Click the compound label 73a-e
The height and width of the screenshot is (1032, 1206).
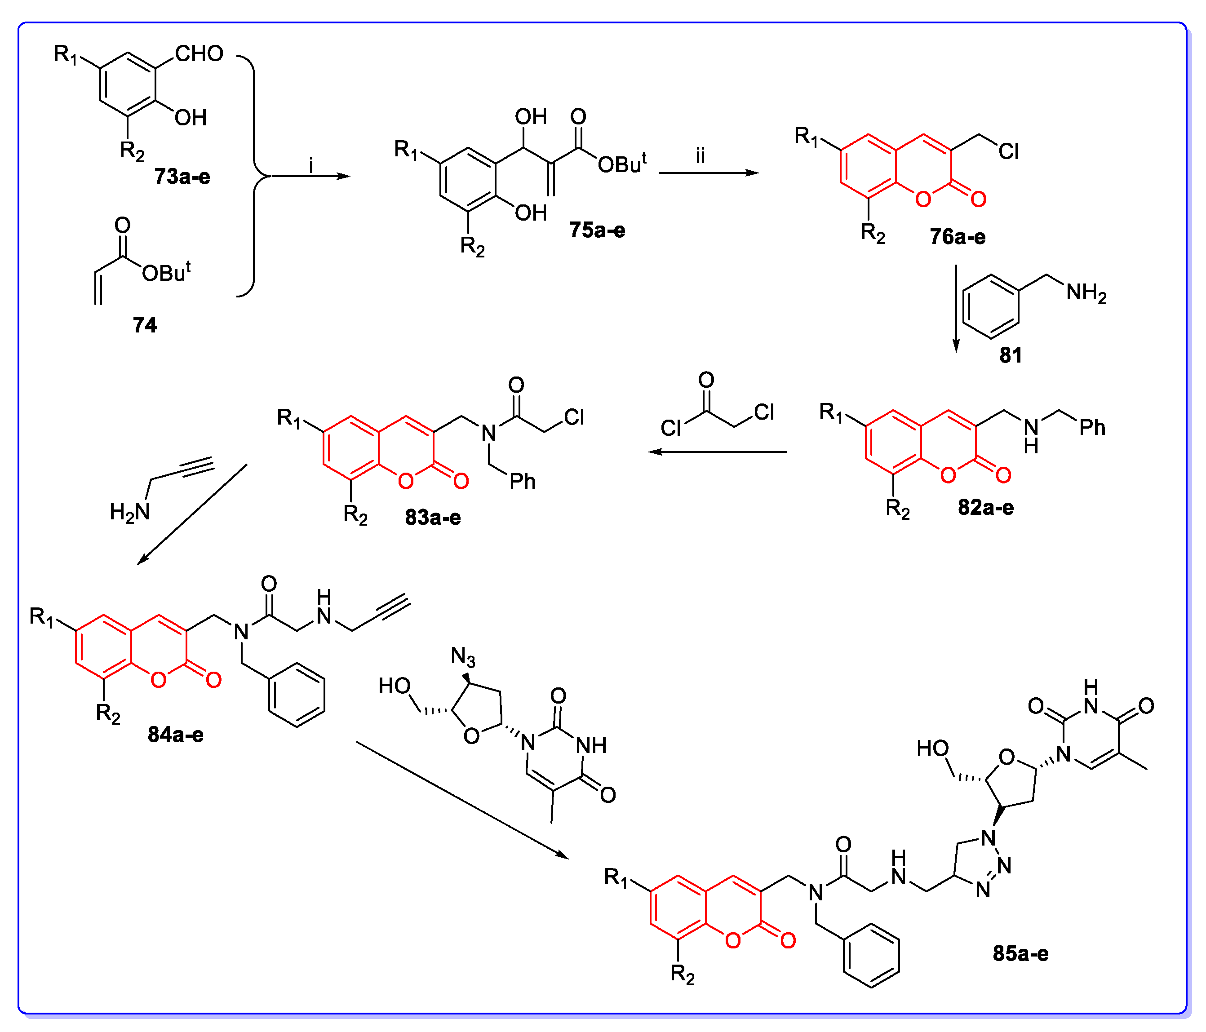click(x=182, y=177)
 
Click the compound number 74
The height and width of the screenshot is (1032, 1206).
click(x=145, y=325)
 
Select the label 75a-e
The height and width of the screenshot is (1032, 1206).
click(x=597, y=230)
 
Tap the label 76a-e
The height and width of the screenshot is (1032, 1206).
click(x=958, y=237)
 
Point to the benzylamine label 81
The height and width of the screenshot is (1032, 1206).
click(x=1011, y=355)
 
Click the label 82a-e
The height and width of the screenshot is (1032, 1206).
click(x=985, y=508)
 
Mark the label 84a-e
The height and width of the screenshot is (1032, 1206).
click(x=175, y=735)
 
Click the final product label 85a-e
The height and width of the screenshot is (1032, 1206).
click(x=1020, y=953)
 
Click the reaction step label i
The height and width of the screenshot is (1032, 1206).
click(x=311, y=166)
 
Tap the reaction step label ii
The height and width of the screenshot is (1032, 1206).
click(x=700, y=155)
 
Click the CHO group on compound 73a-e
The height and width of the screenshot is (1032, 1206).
click(x=199, y=54)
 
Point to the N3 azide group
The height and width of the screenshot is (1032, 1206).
click(x=463, y=657)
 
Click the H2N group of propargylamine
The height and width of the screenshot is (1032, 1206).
click(x=130, y=512)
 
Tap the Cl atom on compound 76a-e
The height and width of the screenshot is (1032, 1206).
click(x=1009, y=152)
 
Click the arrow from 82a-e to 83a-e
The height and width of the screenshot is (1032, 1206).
click(x=718, y=452)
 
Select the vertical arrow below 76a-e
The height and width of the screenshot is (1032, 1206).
click(x=956, y=309)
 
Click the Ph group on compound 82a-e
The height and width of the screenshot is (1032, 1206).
click(x=1092, y=428)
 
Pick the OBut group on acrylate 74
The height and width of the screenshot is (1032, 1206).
click(x=166, y=272)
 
